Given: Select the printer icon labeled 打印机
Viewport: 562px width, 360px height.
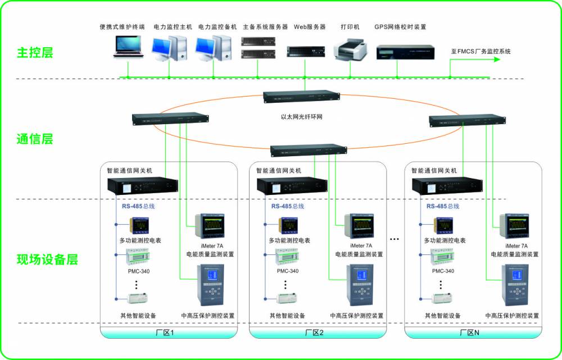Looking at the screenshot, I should click(351, 49).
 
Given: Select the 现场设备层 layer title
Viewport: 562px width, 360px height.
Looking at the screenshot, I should click(47, 259).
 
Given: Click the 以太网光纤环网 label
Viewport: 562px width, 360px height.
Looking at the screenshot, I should click(305, 117).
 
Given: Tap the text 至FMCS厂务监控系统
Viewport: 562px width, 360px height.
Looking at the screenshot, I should click(481, 51).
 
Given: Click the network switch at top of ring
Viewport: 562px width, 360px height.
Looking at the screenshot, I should click(302, 96).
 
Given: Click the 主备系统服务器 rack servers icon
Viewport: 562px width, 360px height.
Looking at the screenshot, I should click(258, 48).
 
